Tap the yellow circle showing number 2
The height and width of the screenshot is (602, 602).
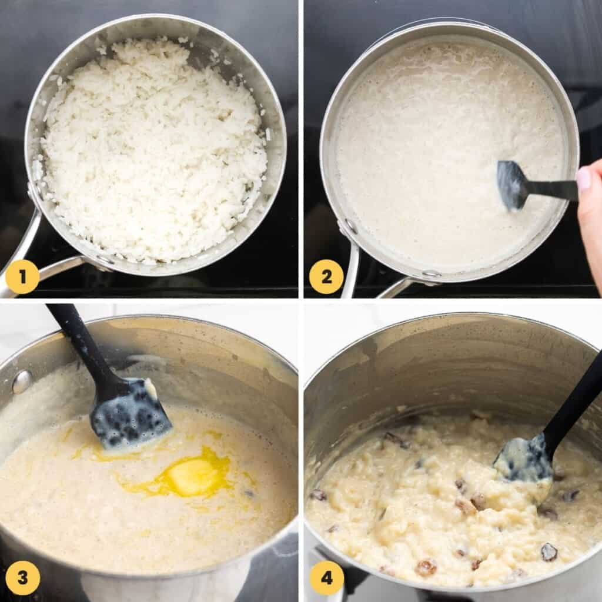[x=326, y=277]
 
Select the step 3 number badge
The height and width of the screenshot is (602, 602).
[x=22, y=577]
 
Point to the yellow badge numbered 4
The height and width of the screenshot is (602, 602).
[x=326, y=577]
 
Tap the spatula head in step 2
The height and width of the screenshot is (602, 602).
[x=510, y=184]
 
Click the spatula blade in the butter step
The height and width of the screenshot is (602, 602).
[x=129, y=414]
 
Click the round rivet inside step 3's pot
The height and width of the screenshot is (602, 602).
[x=22, y=382]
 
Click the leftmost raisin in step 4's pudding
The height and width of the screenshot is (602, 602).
[x=318, y=495]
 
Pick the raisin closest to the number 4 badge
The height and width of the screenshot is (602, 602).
[x=426, y=567]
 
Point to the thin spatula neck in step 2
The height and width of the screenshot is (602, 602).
[x=550, y=189]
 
